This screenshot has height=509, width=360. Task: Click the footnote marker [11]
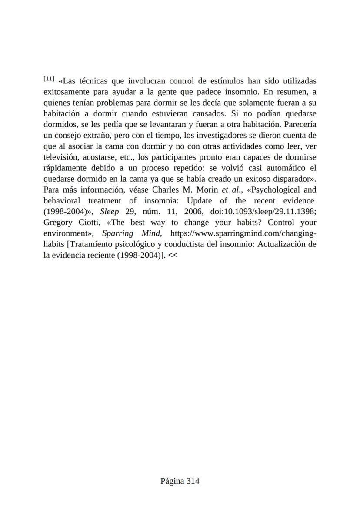tap(49, 79)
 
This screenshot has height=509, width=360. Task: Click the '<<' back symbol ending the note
tap(173, 255)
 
